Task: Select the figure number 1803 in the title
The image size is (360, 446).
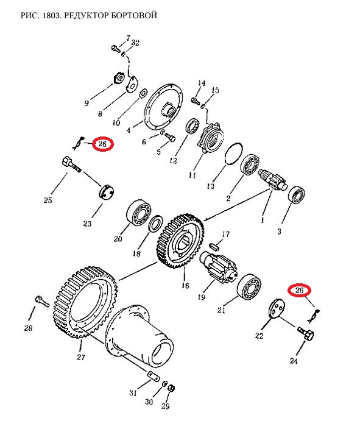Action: tap(51, 15)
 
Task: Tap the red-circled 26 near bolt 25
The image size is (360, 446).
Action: tap(102, 144)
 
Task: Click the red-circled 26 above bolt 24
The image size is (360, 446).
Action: tap(299, 291)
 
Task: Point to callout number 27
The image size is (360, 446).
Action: tap(81, 356)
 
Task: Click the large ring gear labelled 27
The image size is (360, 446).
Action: tap(85, 302)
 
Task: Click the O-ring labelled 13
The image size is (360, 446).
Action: tap(234, 154)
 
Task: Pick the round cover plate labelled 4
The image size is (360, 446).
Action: tap(163, 107)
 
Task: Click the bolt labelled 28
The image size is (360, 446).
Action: tap(42, 301)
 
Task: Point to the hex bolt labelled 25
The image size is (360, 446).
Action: tap(71, 164)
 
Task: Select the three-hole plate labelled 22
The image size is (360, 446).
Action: tap(277, 308)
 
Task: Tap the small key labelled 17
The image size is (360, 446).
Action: tap(214, 246)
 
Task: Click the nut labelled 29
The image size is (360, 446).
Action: tap(171, 388)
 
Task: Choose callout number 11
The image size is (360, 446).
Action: tap(192, 175)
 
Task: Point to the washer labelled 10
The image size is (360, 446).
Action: tap(143, 93)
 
